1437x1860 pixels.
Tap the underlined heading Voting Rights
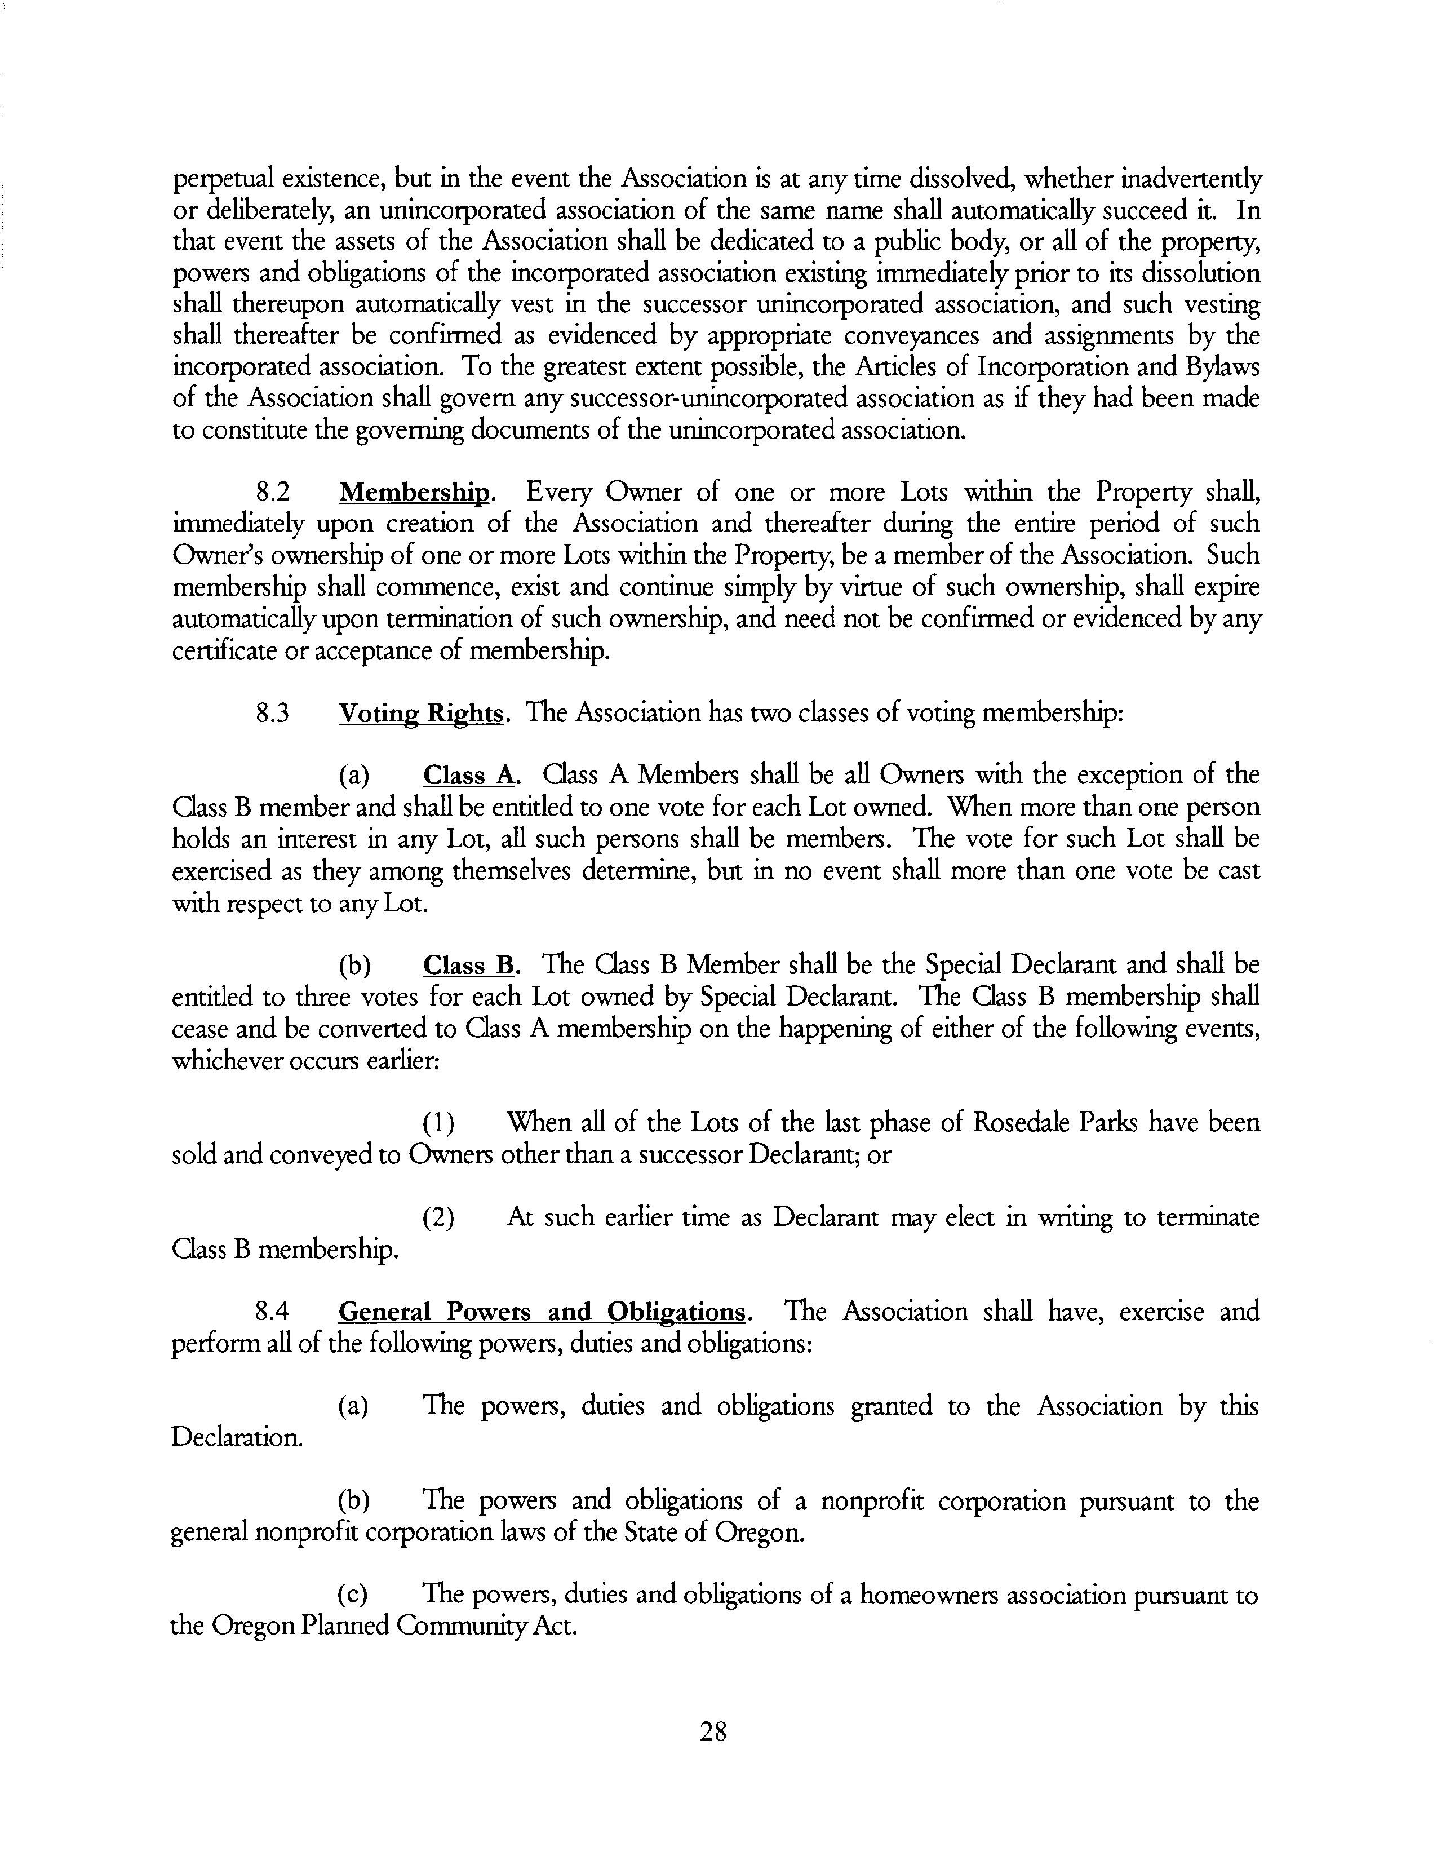(422, 713)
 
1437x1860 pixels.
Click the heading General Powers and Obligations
(543, 1312)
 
